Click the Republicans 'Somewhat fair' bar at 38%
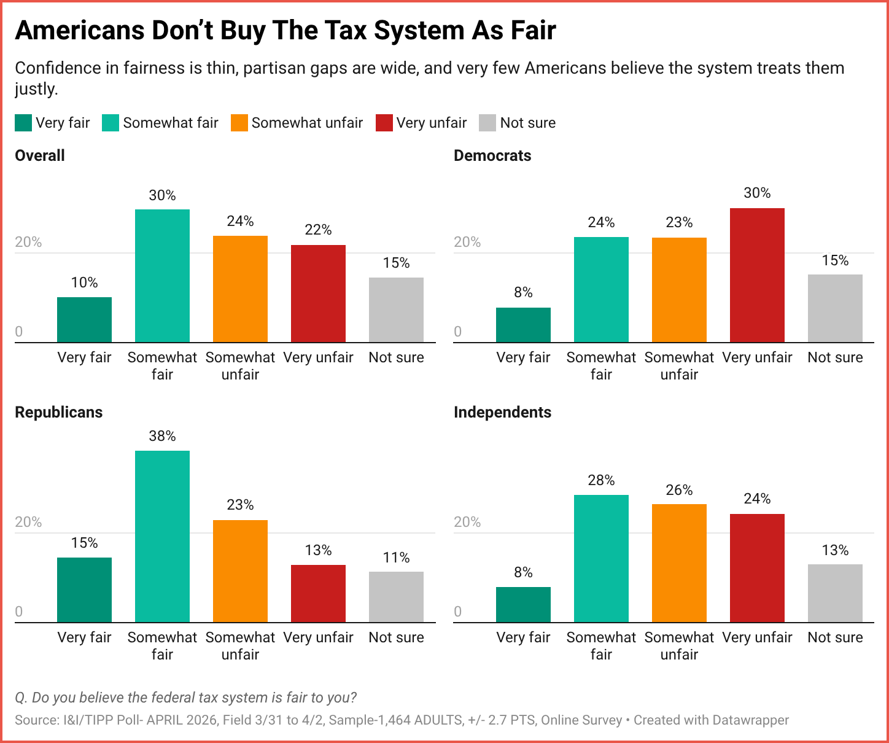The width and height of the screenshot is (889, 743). [x=162, y=536]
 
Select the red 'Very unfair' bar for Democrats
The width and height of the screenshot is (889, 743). [x=757, y=275]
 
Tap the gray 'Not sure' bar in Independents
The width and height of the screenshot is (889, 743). [x=835, y=593]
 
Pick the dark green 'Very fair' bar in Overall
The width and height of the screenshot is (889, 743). [x=84, y=320]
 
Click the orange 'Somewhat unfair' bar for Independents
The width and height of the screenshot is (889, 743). [x=679, y=563]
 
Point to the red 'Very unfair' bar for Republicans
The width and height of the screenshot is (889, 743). [x=318, y=593]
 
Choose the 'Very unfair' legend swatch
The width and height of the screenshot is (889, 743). [x=384, y=123]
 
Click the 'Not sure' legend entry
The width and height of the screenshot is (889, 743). [x=527, y=123]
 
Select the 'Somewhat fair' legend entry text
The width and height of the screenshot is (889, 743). [x=171, y=123]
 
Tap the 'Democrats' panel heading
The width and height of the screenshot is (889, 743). [x=492, y=155]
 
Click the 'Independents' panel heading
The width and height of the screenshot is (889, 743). [x=502, y=412]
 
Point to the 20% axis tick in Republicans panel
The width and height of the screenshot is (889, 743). [x=28, y=522]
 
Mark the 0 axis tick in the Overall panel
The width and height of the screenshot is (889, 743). [x=19, y=332]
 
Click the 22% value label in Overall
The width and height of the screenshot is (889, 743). [x=318, y=230]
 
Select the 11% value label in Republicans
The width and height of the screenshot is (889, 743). [x=396, y=558]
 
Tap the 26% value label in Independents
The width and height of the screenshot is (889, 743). [x=679, y=490]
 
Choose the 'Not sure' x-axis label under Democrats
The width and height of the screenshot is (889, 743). [x=835, y=357]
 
